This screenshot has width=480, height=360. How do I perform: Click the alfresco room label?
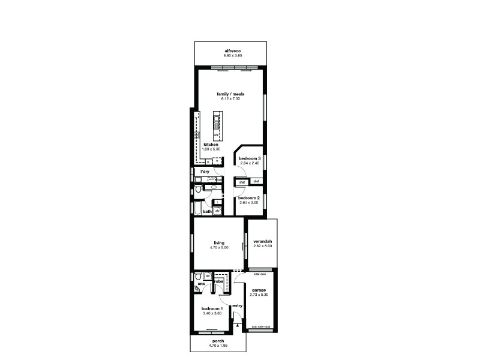click(x=232, y=51)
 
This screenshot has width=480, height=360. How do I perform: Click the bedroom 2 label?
click(x=248, y=198)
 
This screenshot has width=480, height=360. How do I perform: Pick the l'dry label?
click(x=205, y=172)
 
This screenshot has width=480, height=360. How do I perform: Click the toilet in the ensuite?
click(x=198, y=277)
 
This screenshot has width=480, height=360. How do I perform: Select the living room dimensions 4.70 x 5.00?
click(x=218, y=247)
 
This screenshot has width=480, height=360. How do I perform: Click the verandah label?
click(x=263, y=241)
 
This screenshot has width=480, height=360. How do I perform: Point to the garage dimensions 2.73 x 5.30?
click(x=259, y=295)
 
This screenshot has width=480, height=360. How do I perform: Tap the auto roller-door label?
click(x=260, y=327)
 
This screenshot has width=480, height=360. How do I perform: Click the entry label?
click(x=237, y=305)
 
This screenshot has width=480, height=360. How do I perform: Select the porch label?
click(x=218, y=341)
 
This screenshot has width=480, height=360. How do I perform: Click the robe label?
click(x=219, y=281)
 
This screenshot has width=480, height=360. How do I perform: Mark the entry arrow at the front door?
click(x=238, y=326)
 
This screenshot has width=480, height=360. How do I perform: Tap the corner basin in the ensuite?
click(x=197, y=289)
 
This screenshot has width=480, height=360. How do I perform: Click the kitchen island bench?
click(x=216, y=128)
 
